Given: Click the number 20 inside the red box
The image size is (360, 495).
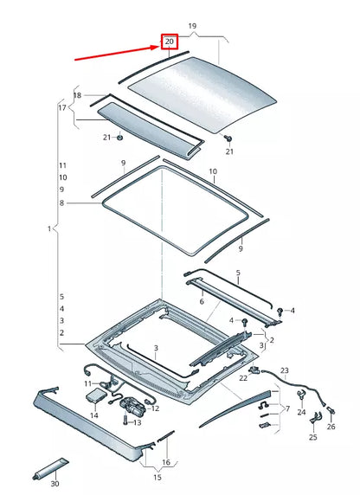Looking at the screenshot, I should [170, 42].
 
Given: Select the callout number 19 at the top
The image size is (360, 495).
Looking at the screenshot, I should [192, 27].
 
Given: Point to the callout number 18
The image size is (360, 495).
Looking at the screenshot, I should [77, 95].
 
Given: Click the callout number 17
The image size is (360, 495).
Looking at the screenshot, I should [62, 107].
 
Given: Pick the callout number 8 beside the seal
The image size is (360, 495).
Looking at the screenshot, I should [61, 202].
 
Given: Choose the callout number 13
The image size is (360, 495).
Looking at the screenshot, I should [137, 422].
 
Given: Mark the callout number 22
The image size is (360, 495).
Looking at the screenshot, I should [244, 378].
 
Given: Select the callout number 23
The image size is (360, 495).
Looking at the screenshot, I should [283, 370].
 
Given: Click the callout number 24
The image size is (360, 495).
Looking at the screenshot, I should [301, 413].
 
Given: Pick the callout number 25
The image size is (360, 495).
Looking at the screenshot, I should [312, 438].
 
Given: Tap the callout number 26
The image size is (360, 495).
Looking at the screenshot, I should [331, 425].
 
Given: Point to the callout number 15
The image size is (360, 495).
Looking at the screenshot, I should [157, 477].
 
